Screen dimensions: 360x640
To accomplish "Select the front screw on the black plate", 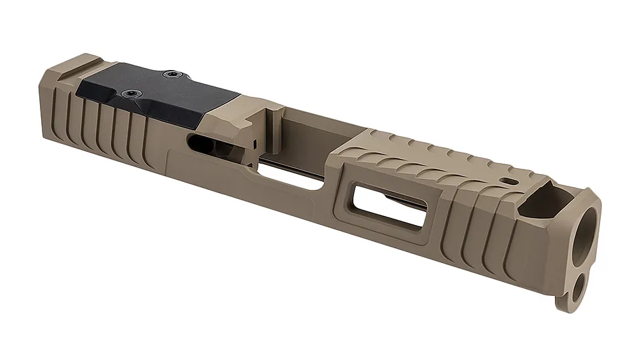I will coord(172,75).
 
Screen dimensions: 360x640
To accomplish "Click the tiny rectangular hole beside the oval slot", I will coord(253,141).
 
